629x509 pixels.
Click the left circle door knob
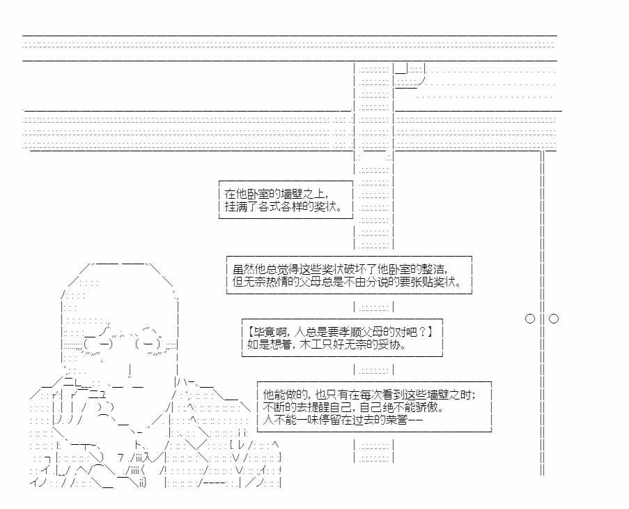pyautogui.click(x=530, y=319)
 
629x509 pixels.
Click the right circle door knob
pyautogui.click(x=554, y=319)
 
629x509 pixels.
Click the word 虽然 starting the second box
pyautogui.click(x=244, y=268)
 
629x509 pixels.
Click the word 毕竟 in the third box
pyautogui.click(x=265, y=332)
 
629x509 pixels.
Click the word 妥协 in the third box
pyautogui.click(x=390, y=344)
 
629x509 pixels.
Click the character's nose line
pyautogui.click(x=130, y=370)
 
